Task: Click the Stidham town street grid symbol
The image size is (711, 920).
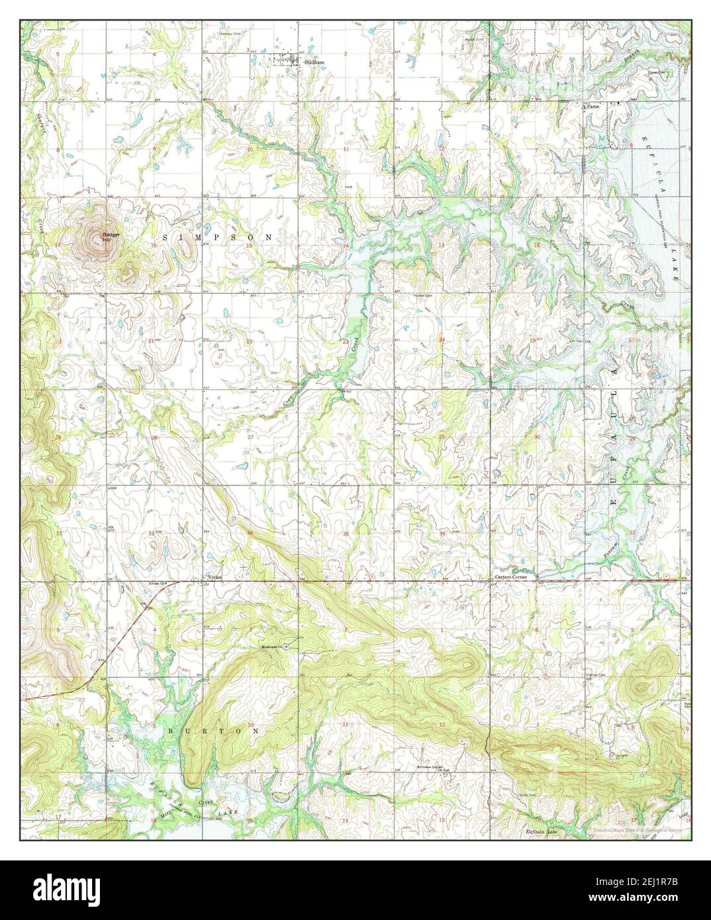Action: point(287,61)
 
